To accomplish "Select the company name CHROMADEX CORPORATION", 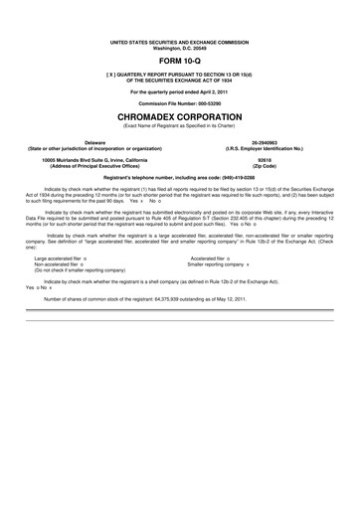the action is [180, 116].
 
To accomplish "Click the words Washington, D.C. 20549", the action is [180, 48].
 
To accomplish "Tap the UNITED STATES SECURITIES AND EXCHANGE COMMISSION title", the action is [180, 42].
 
